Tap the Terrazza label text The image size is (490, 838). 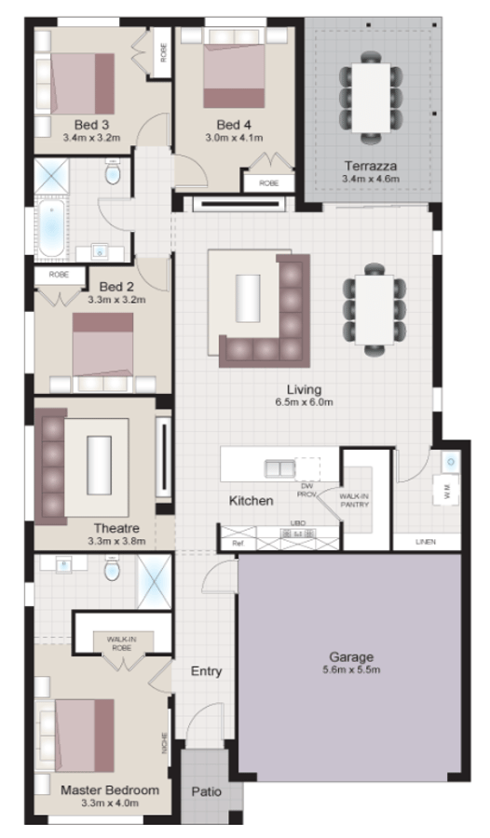pyautogui.click(x=370, y=166)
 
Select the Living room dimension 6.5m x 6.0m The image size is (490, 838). pyautogui.click(x=304, y=402)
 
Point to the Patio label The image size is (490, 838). pyautogui.click(x=206, y=791)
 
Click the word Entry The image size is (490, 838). pyautogui.click(x=205, y=670)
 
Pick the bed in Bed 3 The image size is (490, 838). pyautogui.click(x=79, y=84)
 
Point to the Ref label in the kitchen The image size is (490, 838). pyautogui.click(x=238, y=542)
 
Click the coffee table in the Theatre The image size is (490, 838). pyautogui.click(x=98, y=464)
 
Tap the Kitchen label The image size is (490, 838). pyautogui.click(x=252, y=501)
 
